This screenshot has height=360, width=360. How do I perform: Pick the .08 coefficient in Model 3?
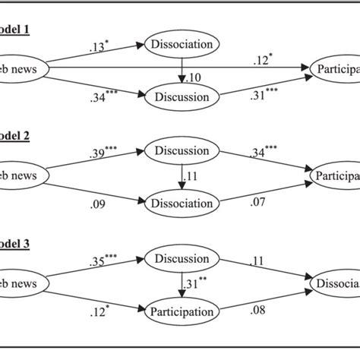(x=259, y=311)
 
